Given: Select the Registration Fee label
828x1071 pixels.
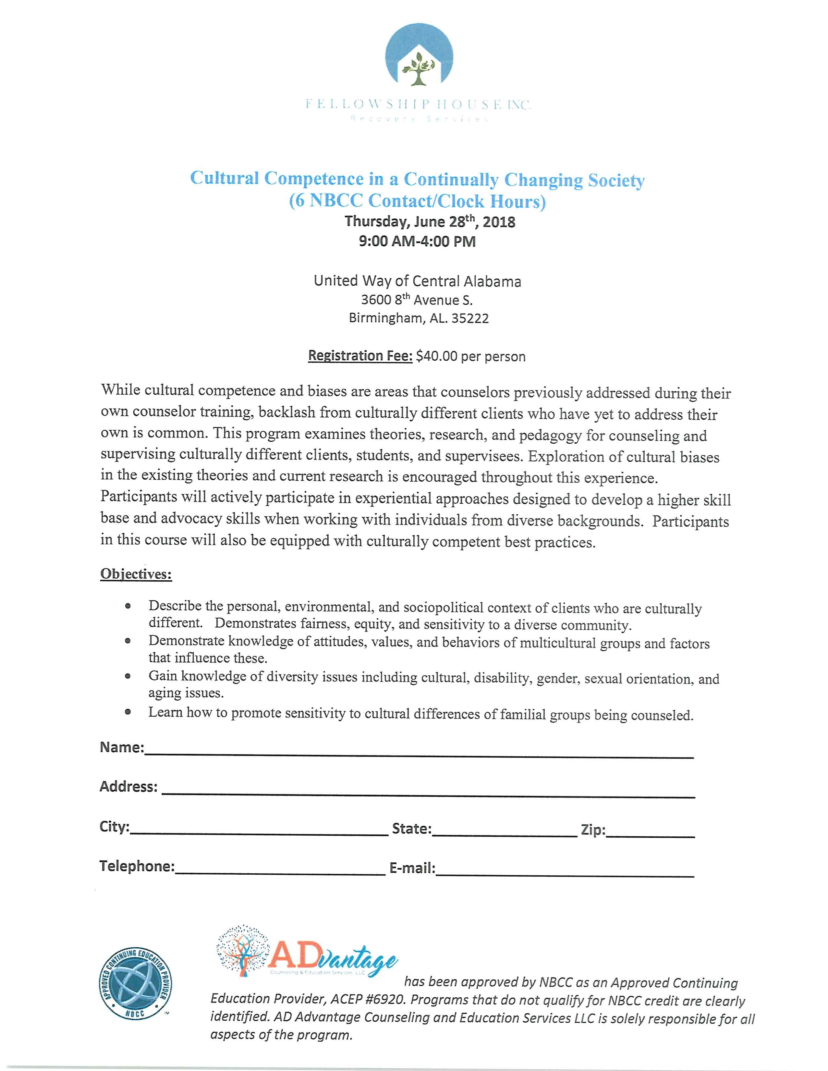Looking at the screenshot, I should [x=360, y=355].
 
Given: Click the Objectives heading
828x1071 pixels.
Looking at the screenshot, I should [x=136, y=574].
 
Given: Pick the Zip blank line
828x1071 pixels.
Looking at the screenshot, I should [x=650, y=835].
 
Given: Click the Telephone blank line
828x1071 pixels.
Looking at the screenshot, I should [x=280, y=874].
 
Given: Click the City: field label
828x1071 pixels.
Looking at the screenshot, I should [x=114, y=827].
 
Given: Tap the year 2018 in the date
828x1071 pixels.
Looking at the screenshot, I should [x=499, y=222].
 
